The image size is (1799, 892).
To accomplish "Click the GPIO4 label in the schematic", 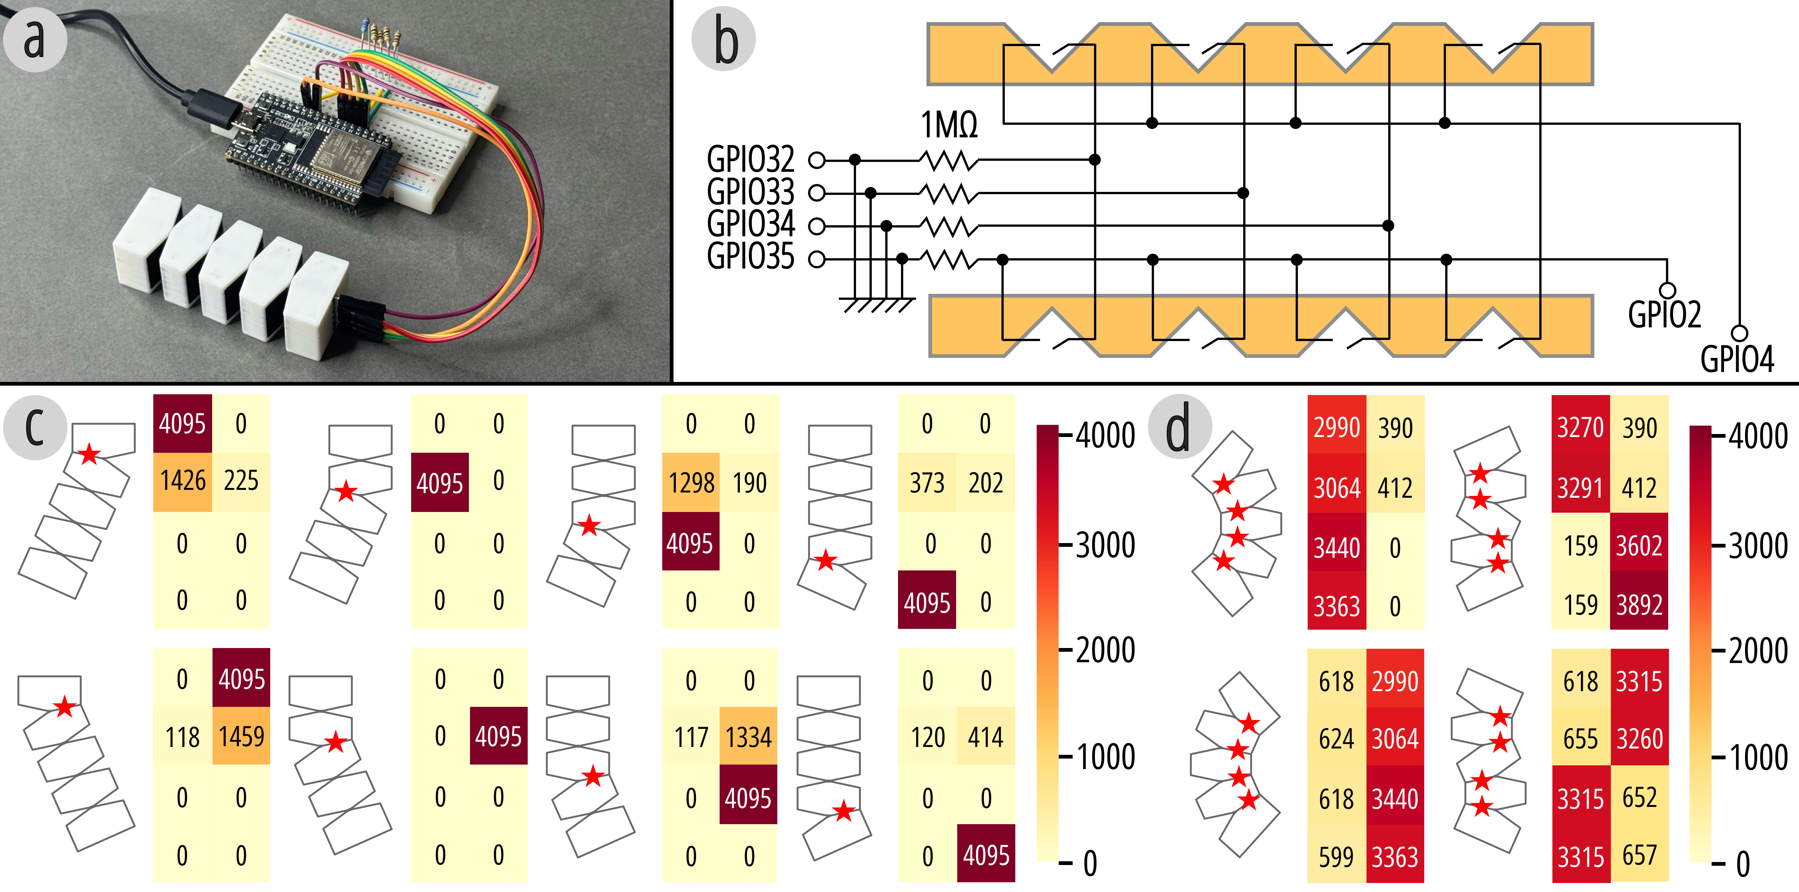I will coord(1737,359).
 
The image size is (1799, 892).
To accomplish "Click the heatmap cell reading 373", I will coord(927,483).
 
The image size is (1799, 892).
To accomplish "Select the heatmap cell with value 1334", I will coord(748,737).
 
